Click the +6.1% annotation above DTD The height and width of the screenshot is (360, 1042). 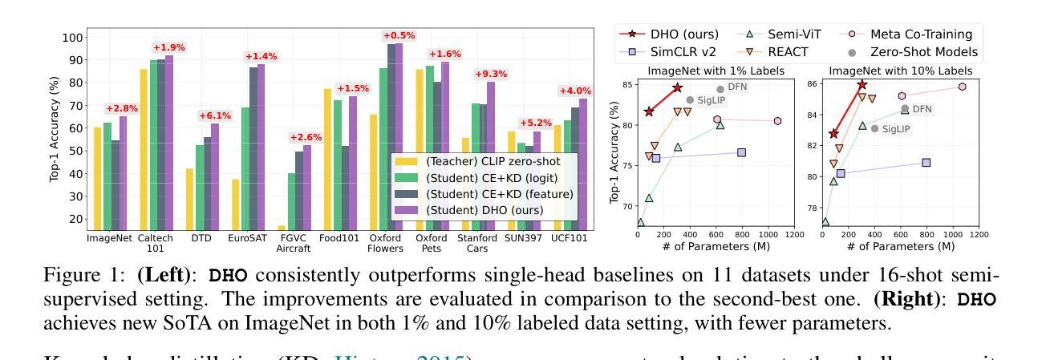[x=214, y=115]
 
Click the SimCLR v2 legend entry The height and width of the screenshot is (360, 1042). [x=679, y=52]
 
